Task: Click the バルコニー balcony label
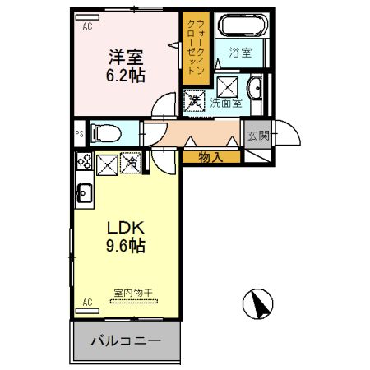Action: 125,341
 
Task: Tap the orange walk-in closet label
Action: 196,47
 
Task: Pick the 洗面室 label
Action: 225,103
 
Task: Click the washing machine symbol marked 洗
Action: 195,101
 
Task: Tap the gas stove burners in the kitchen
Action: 84,163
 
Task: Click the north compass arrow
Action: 258,305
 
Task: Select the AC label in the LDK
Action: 86,303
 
